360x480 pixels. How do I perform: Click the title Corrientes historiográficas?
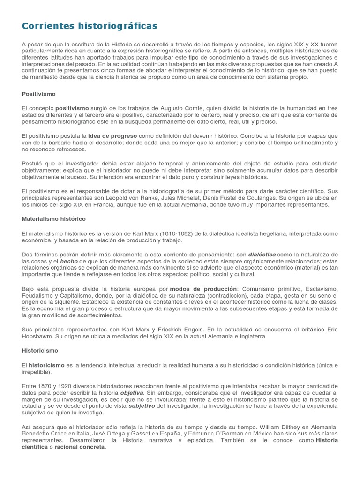coord(90,25)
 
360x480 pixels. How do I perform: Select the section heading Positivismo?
coord(38,94)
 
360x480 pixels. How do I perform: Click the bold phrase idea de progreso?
coord(112,136)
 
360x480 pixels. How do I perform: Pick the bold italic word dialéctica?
coord(262,255)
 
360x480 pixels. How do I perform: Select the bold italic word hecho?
coord(69,261)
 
